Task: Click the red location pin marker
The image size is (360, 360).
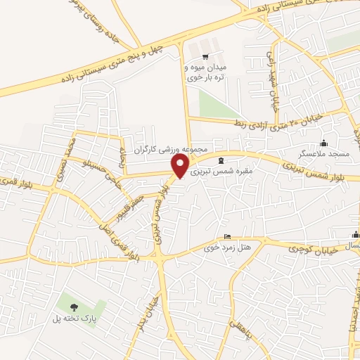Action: point(181,166)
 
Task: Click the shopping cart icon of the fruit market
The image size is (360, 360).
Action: point(205,57)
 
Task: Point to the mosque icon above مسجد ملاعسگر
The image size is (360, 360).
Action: point(323,143)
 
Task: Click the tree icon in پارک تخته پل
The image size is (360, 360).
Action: point(74,306)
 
